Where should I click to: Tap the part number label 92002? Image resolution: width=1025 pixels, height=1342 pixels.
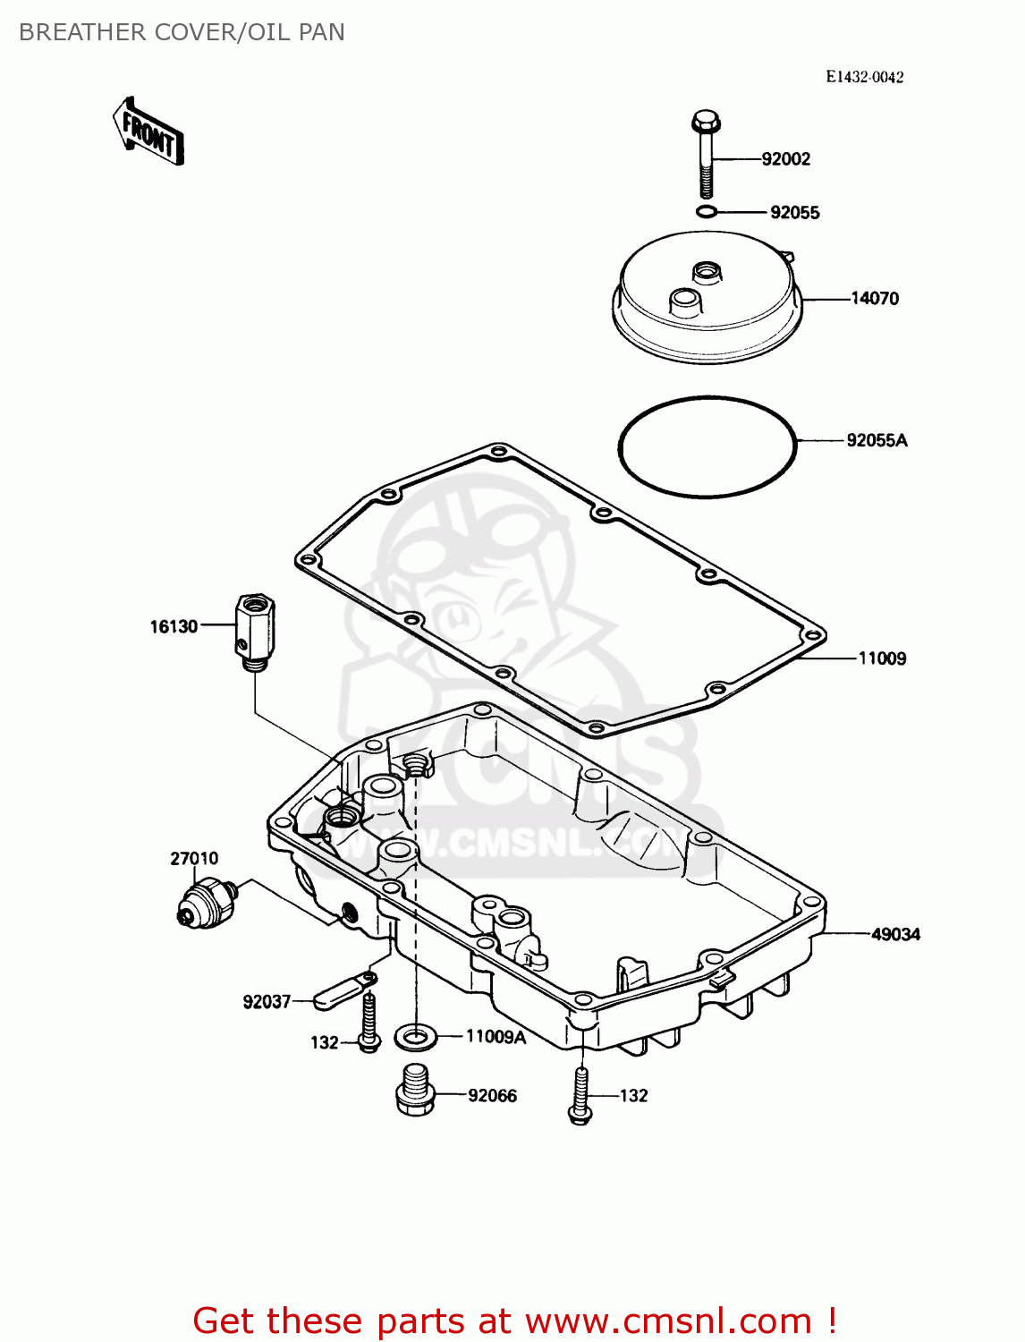coord(785,159)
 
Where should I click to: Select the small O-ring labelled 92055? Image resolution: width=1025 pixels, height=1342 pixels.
coord(706,212)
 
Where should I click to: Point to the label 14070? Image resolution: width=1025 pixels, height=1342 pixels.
coord(874,299)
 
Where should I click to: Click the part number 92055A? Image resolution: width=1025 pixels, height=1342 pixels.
coord(877,440)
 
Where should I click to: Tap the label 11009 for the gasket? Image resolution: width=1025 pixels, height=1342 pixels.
coord(882,658)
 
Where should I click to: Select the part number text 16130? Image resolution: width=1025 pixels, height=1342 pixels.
coord(174,626)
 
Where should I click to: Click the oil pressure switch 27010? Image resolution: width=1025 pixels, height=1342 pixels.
coord(206,902)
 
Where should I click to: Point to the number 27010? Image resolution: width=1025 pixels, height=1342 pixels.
coord(194,859)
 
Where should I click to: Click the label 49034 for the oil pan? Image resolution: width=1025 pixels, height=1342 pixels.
coord(895,934)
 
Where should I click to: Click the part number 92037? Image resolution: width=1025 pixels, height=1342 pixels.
coord(267,1002)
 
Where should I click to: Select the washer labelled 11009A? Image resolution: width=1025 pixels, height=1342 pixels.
coord(415,1038)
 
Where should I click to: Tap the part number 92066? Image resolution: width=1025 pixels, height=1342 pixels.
coord(492,1096)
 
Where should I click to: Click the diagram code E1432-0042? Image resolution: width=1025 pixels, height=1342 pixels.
coord(864,77)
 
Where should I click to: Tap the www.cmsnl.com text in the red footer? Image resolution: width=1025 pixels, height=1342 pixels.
coord(668,1321)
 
